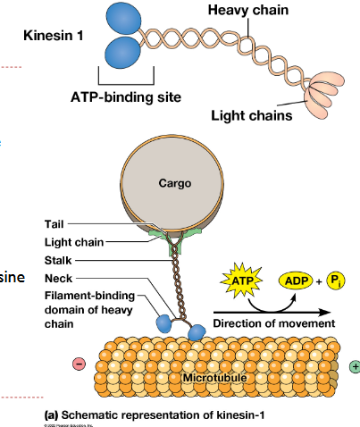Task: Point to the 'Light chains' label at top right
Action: click(x=251, y=114)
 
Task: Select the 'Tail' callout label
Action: click(x=53, y=223)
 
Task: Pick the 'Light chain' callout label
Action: click(x=74, y=242)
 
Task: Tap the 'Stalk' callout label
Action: click(x=58, y=260)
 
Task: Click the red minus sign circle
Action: click(x=78, y=365)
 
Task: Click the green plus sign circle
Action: click(x=355, y=366)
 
